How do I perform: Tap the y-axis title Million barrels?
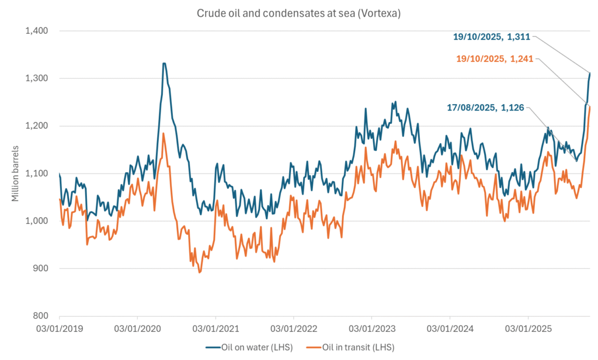tap(16, 173)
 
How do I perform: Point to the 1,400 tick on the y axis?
tap(36, 30)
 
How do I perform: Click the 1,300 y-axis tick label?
tap(36, 78)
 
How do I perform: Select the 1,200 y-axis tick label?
tap(36, 126)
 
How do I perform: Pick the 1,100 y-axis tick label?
tap(36, 174)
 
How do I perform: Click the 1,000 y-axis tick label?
tap(36, 221)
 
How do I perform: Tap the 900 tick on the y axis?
tap(40, 269)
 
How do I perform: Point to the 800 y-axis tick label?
tap(40, 316)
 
